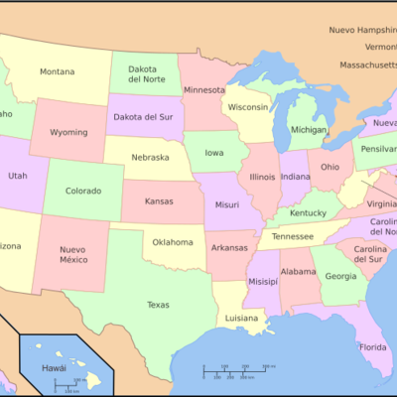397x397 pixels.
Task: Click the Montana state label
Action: (58, 71)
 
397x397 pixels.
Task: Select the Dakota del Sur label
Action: (141, 116)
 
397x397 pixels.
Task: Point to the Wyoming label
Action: (68, 132)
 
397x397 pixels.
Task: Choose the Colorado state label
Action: (83, 191)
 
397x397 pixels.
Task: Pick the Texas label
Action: (158, 305)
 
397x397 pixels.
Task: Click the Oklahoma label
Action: (173, 241)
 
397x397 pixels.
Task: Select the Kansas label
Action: (159, 201)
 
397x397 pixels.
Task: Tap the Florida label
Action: (373, 347)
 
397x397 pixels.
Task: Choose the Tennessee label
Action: (294, 236)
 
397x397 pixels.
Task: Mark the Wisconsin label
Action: (248, 106)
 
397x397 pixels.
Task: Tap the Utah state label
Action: (18, 176)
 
